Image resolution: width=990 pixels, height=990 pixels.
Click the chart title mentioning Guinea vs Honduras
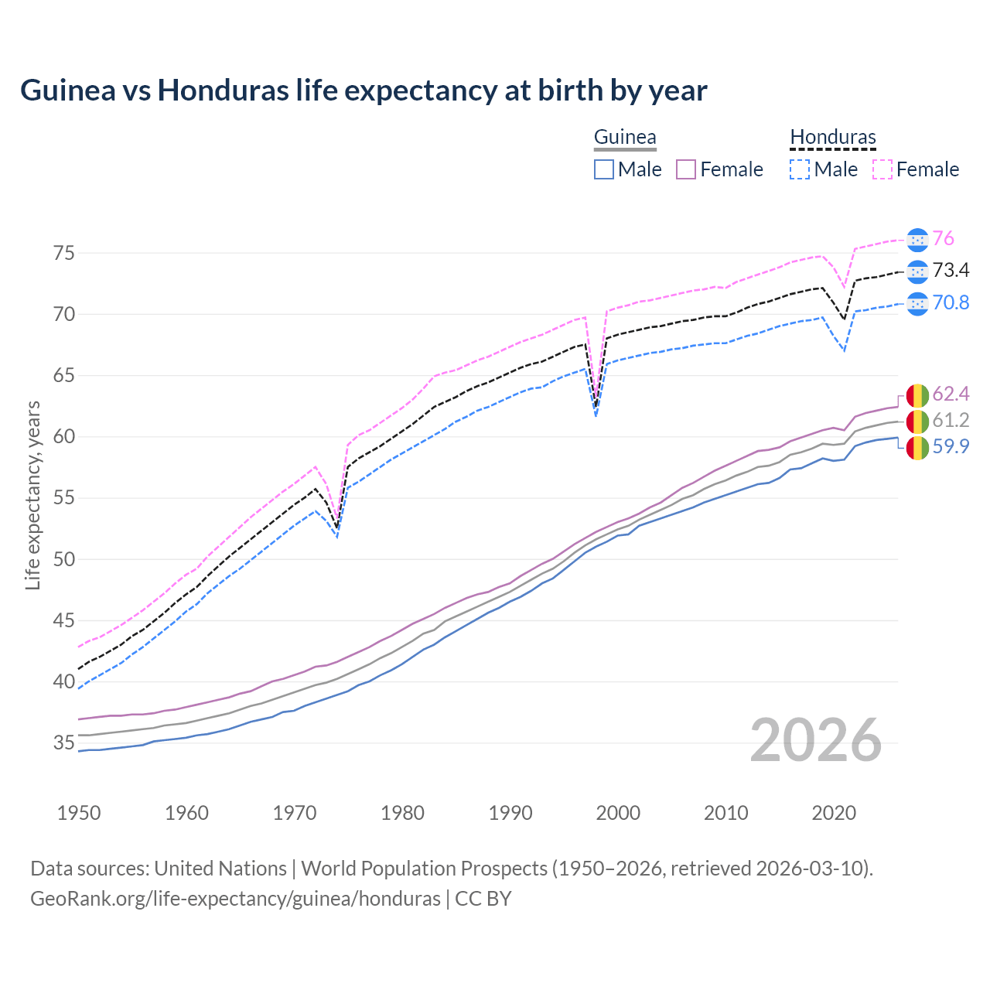pos(364,90)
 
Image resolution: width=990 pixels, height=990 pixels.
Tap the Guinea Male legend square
pos(604,169)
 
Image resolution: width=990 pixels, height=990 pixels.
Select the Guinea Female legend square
pos(686,169)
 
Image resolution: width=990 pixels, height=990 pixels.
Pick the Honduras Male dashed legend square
pos(800,169)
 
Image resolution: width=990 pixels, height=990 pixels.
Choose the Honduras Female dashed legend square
pos(882,169)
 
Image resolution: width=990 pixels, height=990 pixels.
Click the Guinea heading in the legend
pos(625,138)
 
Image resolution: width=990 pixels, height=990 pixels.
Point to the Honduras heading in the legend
pos(833,138)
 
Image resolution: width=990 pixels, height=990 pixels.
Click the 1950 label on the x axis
pos(79,813)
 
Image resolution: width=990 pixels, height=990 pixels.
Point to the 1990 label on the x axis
pos(510,813)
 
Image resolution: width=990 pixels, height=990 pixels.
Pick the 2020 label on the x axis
pos(834,813)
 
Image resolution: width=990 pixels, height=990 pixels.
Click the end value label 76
pos(943,239)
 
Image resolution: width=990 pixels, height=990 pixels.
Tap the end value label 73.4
pos(951,271)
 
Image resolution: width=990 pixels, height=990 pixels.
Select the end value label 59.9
pos(951,447)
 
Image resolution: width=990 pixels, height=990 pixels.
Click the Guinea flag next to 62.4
pos(917,395)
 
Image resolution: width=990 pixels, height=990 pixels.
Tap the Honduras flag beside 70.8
pos(917,304)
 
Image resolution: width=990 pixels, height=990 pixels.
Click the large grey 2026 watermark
pos(816,740)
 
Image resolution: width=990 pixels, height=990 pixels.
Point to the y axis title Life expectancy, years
pos(33,495)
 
